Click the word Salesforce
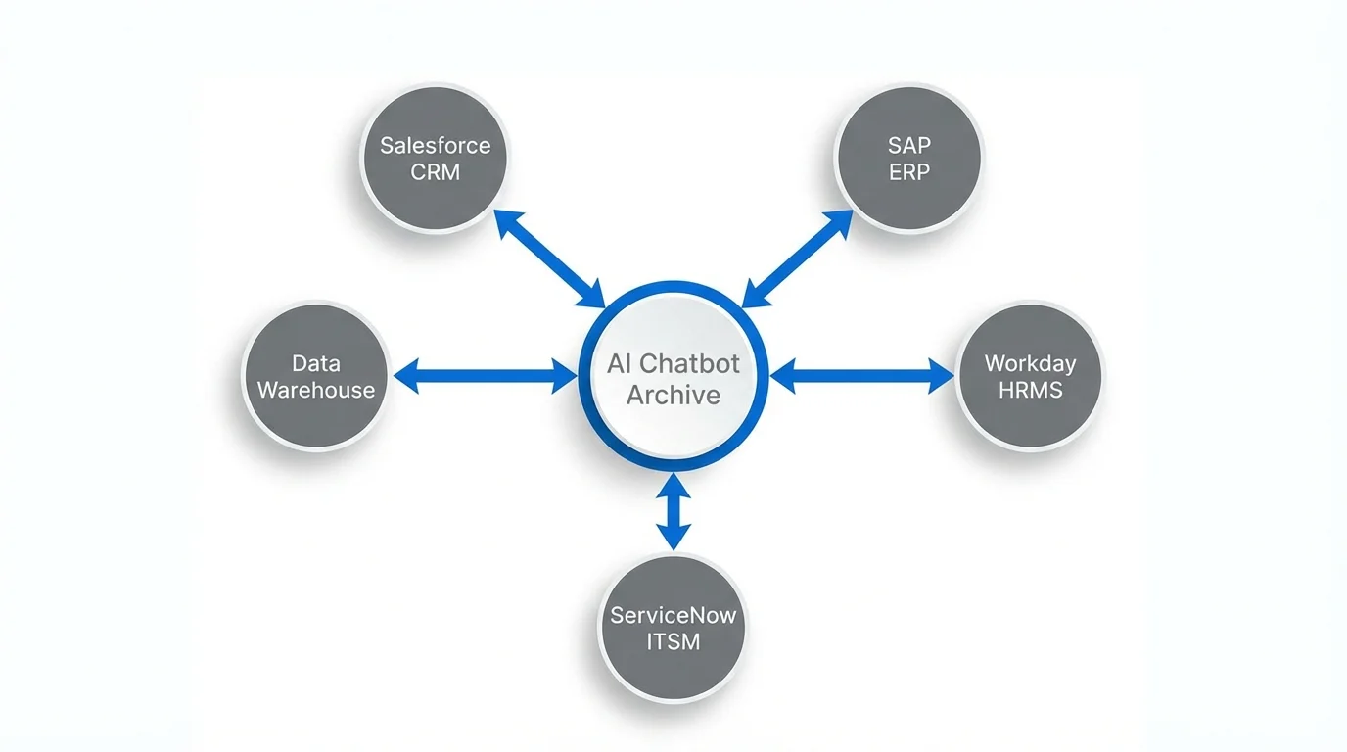[435, 146]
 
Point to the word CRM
[435, 173]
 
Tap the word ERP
[909, 172]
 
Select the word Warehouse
[315, 390]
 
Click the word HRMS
[1030, 390]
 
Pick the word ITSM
[673, 642]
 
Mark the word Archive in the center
[673, 395]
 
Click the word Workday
[1030, 363]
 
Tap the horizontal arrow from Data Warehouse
[487, 375]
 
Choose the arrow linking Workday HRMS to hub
[861, 375]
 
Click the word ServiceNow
[673, 616]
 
